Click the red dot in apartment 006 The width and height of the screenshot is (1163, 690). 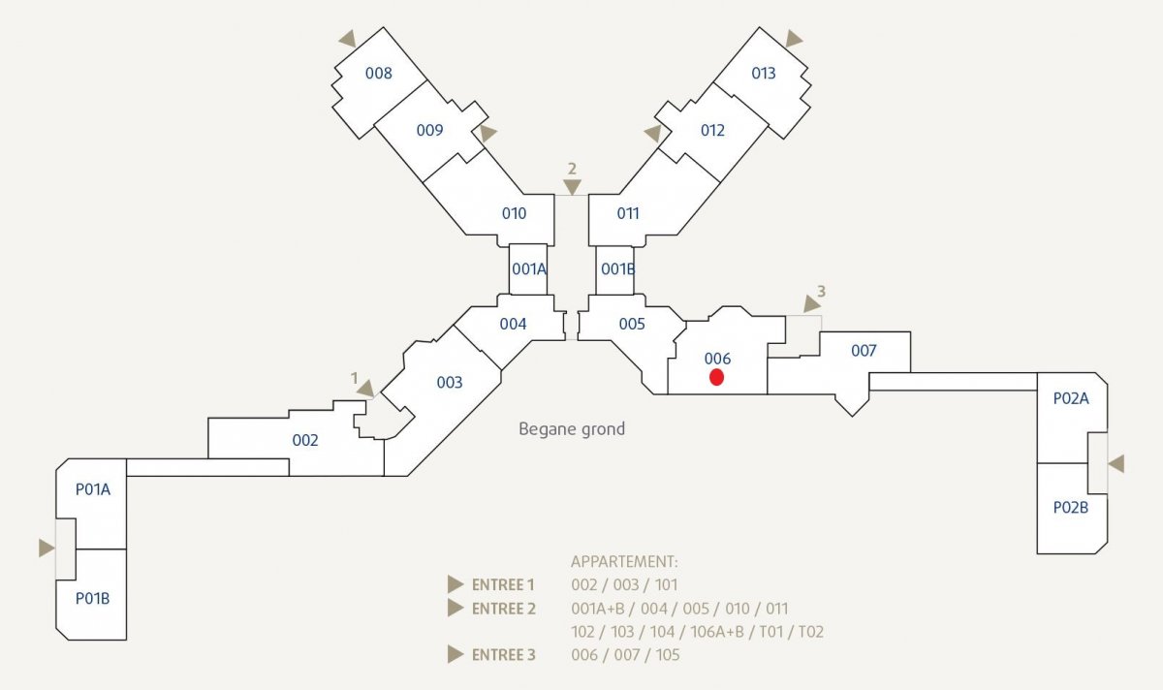click(x=716, y=377)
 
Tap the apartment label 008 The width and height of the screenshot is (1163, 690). click(x=379, y=74)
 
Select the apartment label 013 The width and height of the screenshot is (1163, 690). click(x=764, y=74)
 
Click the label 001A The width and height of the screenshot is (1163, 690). click(x=529, y=269)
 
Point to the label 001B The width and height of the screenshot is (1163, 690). click(x=618, y=269)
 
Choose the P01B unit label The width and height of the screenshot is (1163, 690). click(x=92, y=599)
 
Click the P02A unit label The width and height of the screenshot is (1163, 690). click(x=1071, y=398)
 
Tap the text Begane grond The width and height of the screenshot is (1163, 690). click(x=572, y=429)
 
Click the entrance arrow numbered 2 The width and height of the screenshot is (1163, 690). click(x=572, y=187)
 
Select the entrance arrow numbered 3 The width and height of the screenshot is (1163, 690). click(x=811, y=303)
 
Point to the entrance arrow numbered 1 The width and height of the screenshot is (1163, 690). click(x=365, y=389)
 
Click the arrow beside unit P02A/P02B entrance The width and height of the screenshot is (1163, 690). click(x=1116, y=463)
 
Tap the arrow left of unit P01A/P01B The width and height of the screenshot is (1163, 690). click(x=47, y=548)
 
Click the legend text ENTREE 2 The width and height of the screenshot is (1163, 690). click(x=504, y=609)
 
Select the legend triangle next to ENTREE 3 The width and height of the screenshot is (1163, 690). click(x=456, y=655)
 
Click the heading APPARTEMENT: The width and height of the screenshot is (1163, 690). click(x=624, y=562)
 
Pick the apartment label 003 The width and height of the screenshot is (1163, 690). click(x=450, y=383)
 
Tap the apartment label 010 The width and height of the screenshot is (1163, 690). click(x=514, y=213)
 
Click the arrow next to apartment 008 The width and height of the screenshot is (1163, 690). click(x=348, y=39)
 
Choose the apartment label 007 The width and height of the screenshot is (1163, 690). click(x=864, y=351)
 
